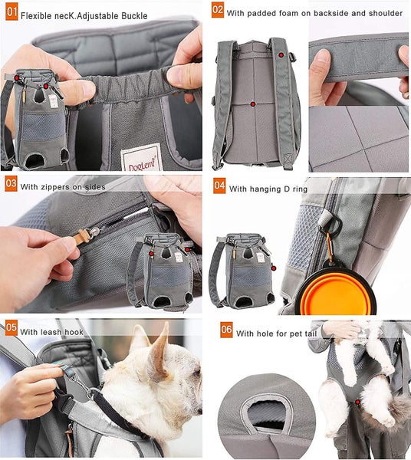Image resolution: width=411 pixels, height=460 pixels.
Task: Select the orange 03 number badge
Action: tap(10, 184)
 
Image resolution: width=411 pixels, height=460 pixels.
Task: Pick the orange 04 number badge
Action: tap(219, 186)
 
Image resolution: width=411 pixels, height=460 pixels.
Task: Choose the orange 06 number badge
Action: tap(226, 331)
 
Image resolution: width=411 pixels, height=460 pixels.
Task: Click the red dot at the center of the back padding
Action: tap(252, 103)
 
